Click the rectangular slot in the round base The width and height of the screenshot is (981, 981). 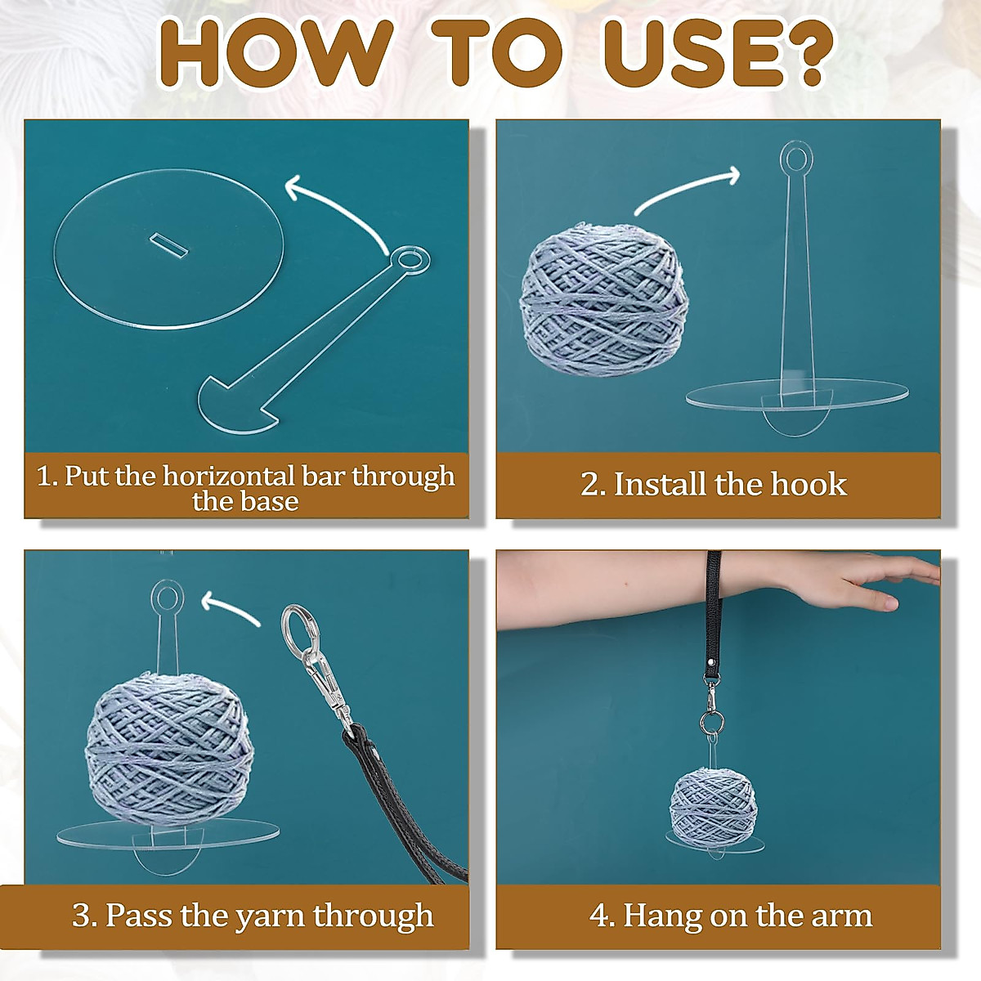(x=168, y=244)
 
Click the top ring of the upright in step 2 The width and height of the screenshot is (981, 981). (x=794, y=158)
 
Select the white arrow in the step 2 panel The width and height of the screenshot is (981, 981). (x=687, y=190)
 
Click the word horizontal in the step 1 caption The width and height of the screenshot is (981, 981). (x=229, y=475)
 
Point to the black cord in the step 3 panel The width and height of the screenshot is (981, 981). (x=401, y=801)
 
